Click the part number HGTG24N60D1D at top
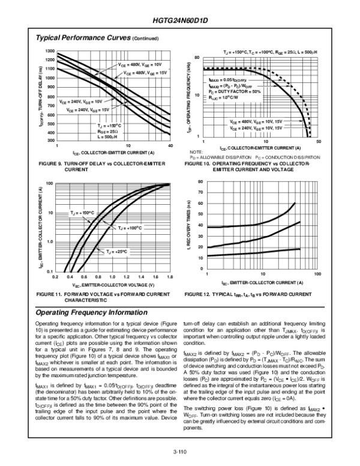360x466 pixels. click(x=180, y=20)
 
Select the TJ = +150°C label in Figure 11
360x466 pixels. click(x=82, y=213)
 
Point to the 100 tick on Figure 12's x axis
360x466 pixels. click(x=317, y=274)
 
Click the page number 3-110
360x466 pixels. click(x=180, y=445)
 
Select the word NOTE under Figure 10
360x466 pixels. click(x=196, y=153)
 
